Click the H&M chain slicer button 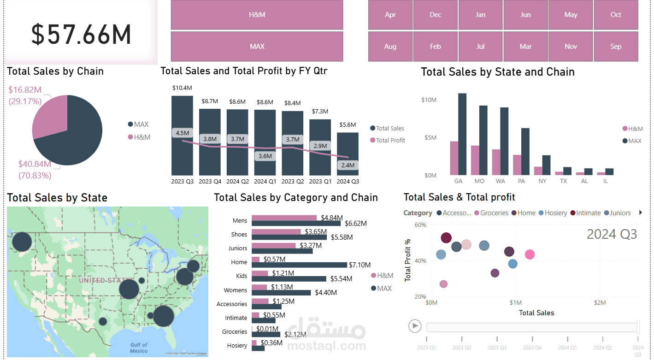click(257, 15)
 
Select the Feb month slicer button click(435, 47)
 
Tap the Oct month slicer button click(616, 15)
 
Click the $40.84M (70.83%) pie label click(35, 169)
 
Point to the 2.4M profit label click(348, 165)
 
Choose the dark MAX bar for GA click(462, 134)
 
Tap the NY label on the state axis click(542, 181)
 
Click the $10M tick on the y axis click(429, 100)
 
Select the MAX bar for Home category click(299, 265)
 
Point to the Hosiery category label click(237, 345)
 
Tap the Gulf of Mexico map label click(139, 348)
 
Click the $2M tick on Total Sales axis click(599, 303)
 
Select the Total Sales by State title click(57, 198)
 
